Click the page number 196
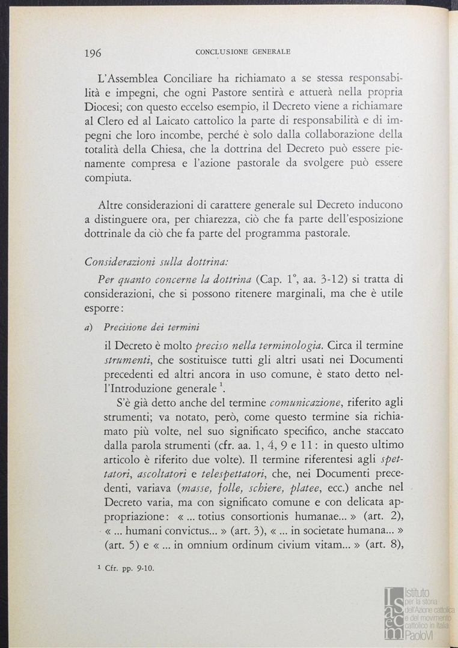93,53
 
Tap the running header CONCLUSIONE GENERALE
243,52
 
